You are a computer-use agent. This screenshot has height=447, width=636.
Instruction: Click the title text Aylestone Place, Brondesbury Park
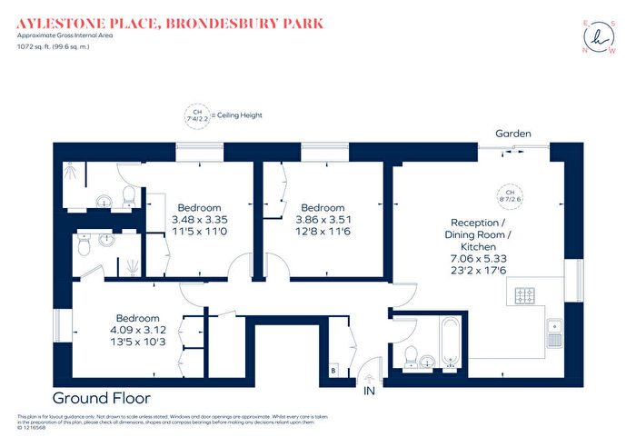tap(169, 22)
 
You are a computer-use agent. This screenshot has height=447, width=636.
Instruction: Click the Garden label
tap(512, 134)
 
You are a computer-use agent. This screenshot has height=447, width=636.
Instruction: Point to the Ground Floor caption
tap(102, 398)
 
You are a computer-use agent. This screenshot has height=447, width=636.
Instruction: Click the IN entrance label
tap(369, 391)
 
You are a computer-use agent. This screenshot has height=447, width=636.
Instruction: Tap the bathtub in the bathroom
tap(452, 343)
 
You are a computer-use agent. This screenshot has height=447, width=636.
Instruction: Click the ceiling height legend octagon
tap(194, 116)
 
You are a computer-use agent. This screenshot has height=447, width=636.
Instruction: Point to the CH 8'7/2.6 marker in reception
tap(510, 196)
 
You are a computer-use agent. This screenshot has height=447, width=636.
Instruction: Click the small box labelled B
tap(333, 370)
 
